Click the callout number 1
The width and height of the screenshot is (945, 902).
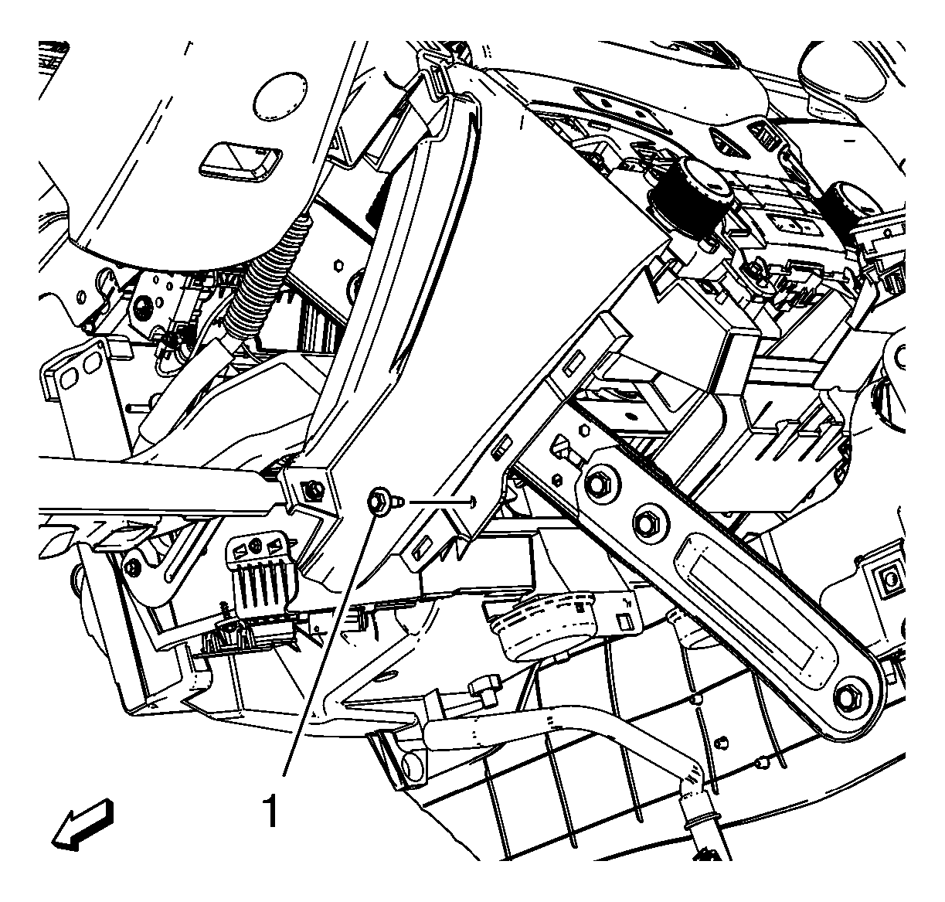[x=271, y=811]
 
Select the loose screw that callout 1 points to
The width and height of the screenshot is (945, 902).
[x=382, y=502]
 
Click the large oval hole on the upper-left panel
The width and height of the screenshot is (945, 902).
[x=279, y=97]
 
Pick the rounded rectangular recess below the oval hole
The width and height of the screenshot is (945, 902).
[x=240, y=162]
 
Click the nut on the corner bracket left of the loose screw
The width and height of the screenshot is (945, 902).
[x=312, y=491]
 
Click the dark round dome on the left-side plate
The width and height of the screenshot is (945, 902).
[x=142, y=306]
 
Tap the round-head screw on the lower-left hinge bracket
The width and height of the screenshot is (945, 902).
[x=132, y=568]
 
